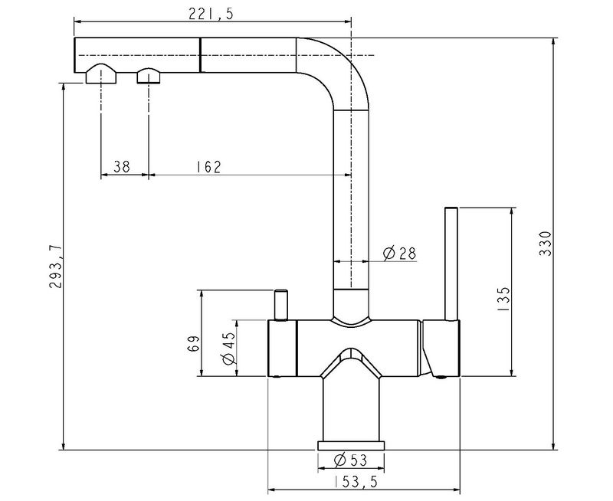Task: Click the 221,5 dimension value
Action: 211,14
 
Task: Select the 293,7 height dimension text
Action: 55,267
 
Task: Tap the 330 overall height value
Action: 545,244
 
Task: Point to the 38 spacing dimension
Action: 122,166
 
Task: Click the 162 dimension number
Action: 208,166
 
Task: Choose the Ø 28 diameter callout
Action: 399,254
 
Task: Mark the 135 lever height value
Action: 504,299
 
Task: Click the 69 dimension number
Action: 194,343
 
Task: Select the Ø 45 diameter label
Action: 228,348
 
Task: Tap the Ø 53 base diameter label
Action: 351,460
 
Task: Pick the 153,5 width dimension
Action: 356,482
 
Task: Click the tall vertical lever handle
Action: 451,264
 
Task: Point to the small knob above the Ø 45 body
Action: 280,305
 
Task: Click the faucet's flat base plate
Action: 351,446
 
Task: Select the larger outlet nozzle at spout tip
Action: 101,74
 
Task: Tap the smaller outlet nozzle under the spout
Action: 149,75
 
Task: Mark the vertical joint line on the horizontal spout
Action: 200,55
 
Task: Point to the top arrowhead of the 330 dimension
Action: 553,43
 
